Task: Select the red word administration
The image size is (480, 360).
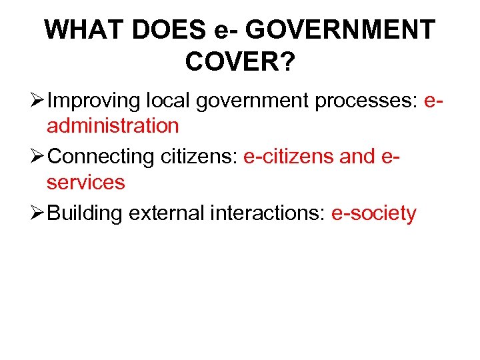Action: pyautogui.click(x=113, y=125)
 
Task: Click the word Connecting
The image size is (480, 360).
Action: pyautogui.click(x=102, y=157)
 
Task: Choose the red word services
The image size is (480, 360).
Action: pyautogui.click(x=85, y=181)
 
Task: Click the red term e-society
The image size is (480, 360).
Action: pyautogui.click(x=374, y=213)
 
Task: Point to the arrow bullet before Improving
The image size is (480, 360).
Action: pyautogui.click(x=38, y=101)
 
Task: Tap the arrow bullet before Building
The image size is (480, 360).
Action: pyautogui.click(x=38, y=213)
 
